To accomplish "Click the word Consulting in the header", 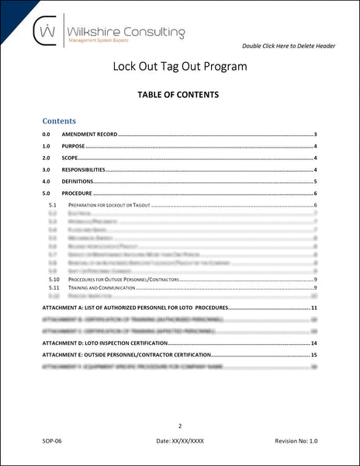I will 147,32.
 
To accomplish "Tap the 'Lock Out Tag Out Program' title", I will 180,67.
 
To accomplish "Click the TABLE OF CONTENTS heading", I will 180,95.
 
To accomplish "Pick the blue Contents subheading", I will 59,121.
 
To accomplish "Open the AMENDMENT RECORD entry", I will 89,135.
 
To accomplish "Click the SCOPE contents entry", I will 69,158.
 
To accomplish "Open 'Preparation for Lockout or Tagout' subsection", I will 105,205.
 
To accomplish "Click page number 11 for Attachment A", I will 314,309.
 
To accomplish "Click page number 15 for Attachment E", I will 314,354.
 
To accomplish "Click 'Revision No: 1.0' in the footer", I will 296,441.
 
